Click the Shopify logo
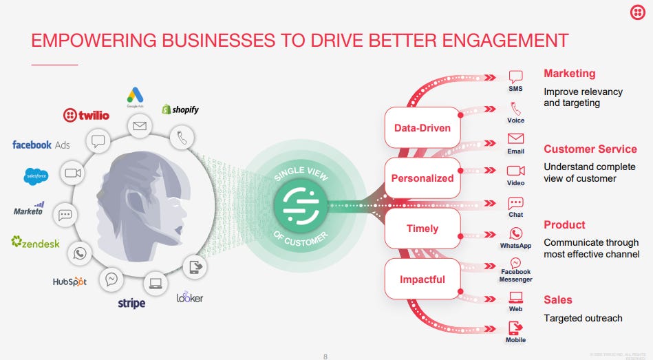(x=180, y=109)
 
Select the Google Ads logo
(x=134, y=98)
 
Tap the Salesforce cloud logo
(x=36, y=176)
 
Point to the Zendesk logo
(x=36, y=242)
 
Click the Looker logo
(x=189, y=297)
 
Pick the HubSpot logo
(x=69, y=282)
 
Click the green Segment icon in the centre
(x=300, y=204)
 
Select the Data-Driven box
(x=422, y=127)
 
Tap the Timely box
(x=421, y=229)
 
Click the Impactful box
(x=422, y=279)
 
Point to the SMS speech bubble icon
(x=515, y=76)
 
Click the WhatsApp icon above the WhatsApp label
(x=515, y=234)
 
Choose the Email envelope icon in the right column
(x=515, y=138)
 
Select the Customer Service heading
(x=590, y=149)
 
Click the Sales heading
(x=557, y=300)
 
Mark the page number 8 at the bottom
(x=325, y=356)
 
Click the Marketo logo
(x=30, y=209)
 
